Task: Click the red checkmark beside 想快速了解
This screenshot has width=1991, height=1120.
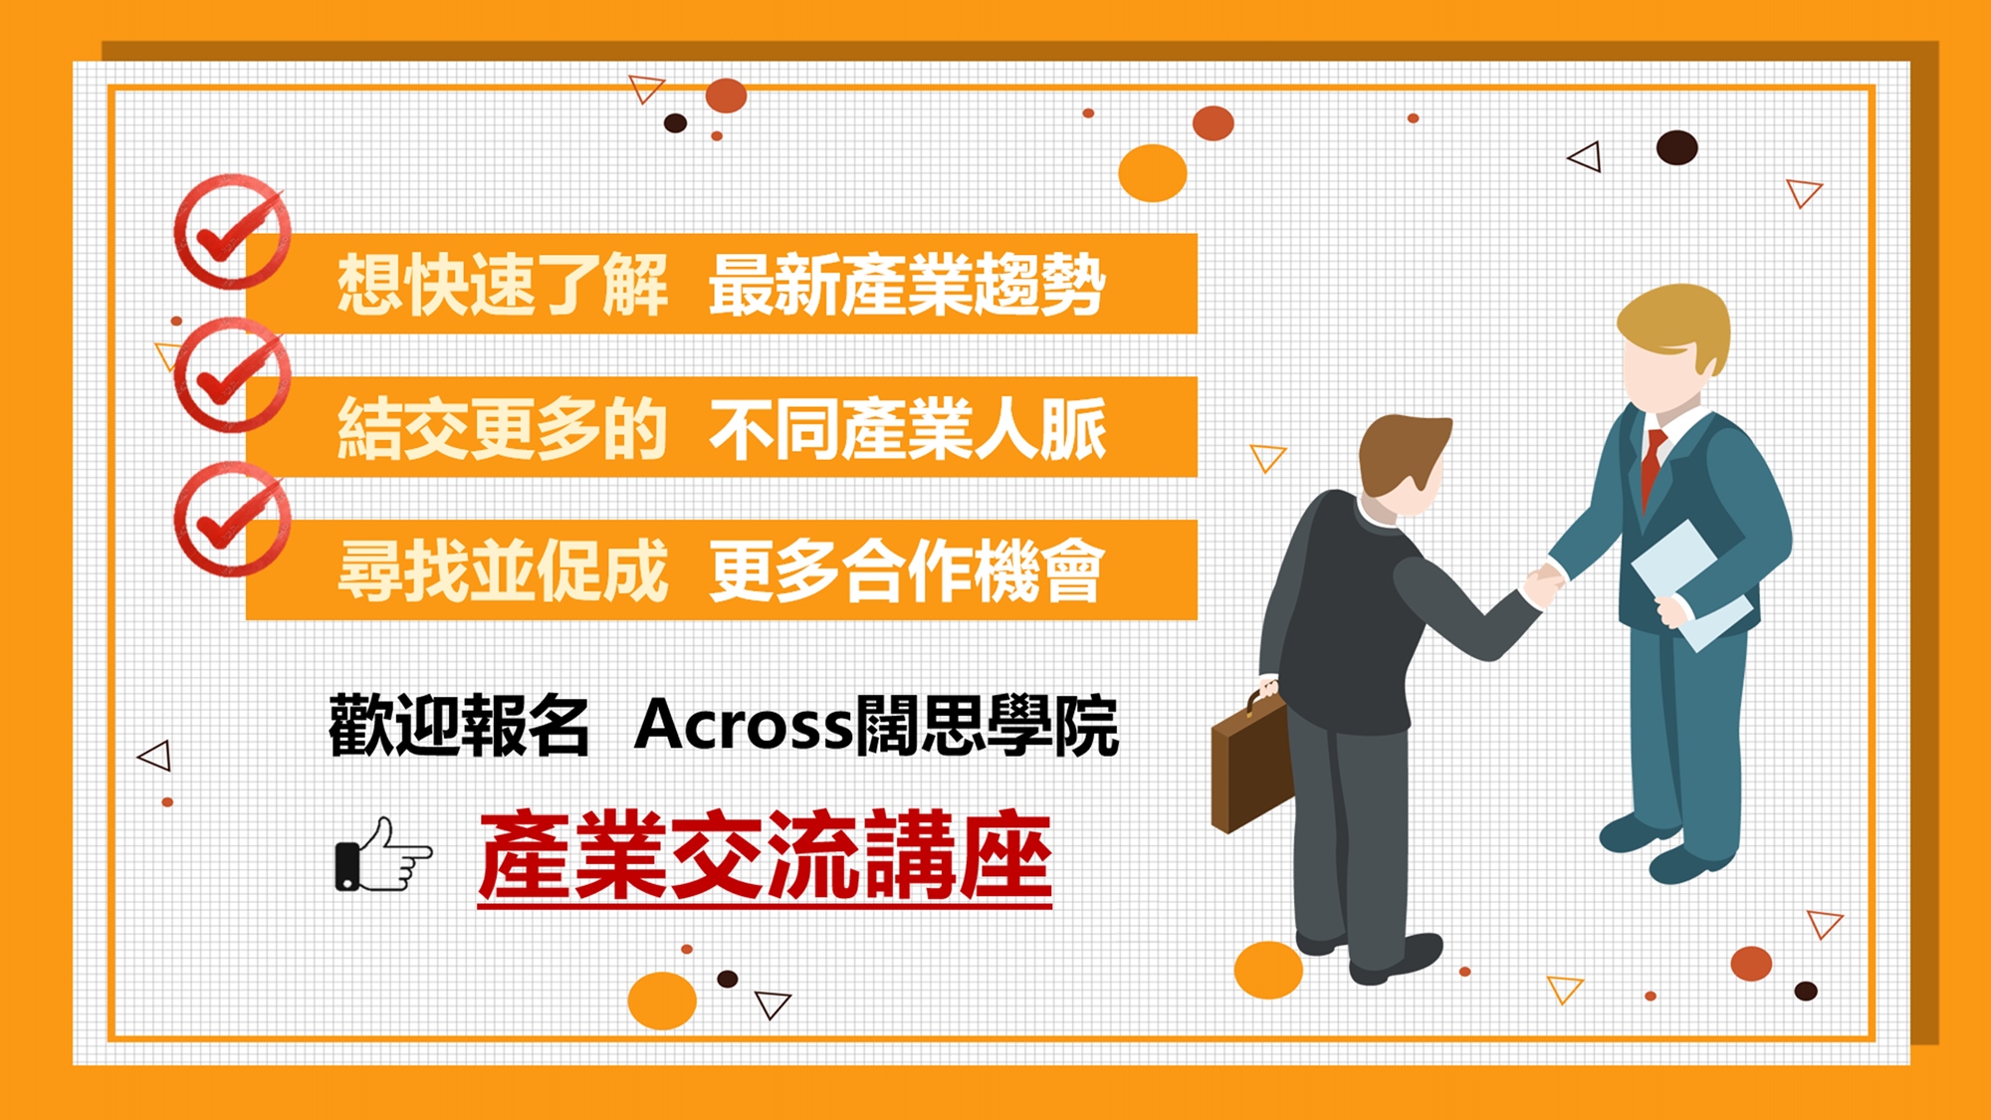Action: click(232, 231)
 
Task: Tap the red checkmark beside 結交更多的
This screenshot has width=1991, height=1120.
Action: click(232, 375)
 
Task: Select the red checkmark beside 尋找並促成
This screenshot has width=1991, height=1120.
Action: click(232, 519)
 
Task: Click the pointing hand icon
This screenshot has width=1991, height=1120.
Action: click(383, 855)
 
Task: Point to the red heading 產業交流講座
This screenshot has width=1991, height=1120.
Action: click(765, 856)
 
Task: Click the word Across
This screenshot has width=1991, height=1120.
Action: click(744, 724)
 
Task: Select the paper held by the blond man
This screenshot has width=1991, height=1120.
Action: click(1689, 582)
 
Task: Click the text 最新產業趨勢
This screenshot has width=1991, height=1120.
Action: click(907, 285)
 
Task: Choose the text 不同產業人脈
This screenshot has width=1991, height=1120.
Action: click(907, 429)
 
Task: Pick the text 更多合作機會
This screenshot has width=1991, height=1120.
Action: click(907, 571)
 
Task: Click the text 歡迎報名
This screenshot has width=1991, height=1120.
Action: click(459, 725)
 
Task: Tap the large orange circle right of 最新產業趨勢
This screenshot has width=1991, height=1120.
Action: click(1153, 172)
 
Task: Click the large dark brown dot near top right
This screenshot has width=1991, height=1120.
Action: click(1676, 147)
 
